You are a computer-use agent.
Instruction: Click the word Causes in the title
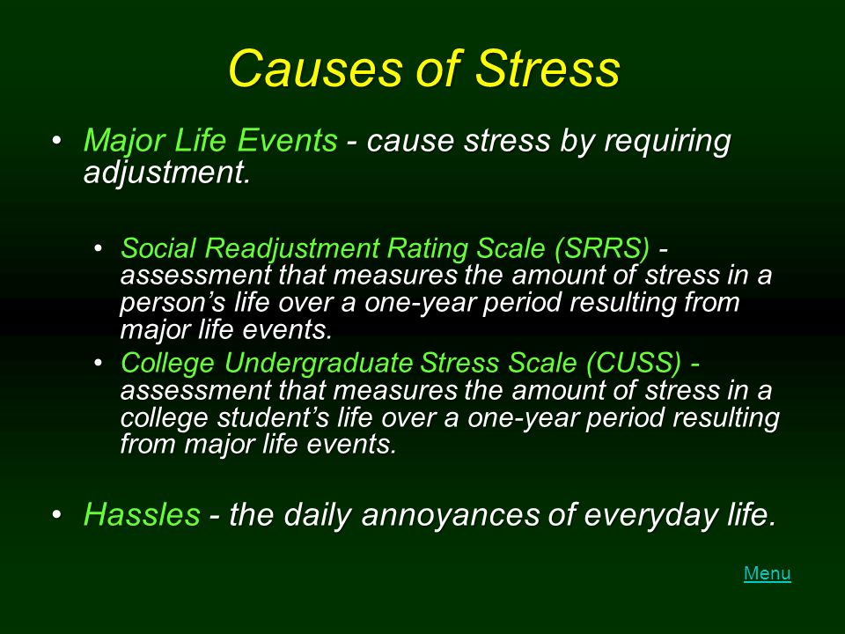coord(316,69)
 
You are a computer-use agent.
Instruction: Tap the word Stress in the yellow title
coord(547,69)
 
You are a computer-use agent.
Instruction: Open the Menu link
coord(767,573)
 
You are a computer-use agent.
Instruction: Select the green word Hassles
coord(142,513)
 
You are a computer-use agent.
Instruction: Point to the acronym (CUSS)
coord(635,363)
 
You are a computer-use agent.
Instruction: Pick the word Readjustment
coord(291,248)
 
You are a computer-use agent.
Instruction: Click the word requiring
coord(667,142)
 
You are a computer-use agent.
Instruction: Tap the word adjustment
coord(167,173)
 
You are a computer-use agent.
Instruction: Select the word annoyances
coord(451,515)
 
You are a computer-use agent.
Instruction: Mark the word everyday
coord(651,515)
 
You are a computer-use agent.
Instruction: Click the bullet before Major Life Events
coord(56,141)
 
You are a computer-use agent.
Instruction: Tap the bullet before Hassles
coord(56,514)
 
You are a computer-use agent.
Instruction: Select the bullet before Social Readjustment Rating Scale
coord(98,248)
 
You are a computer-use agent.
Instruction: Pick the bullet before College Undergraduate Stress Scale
coord(98,363)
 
